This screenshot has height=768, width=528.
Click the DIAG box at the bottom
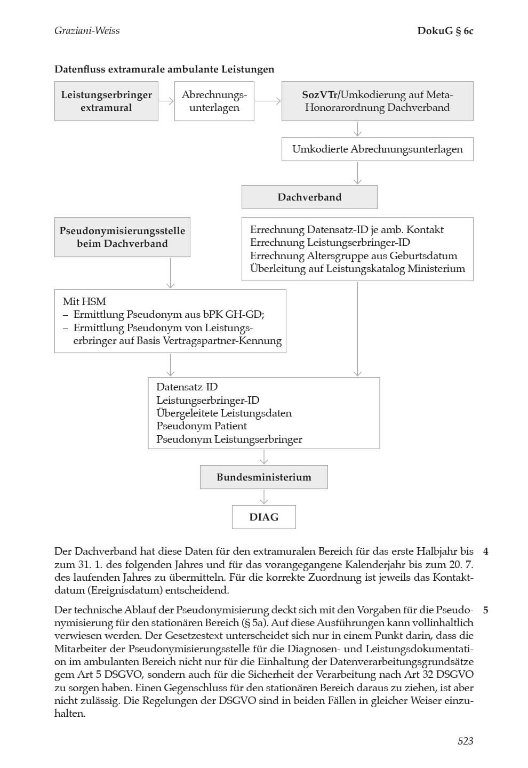coord(263,517)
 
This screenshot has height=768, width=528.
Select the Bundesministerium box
coord(263,477)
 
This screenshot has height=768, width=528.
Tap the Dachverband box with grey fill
coord(309,197)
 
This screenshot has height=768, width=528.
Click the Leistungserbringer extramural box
coord(106,101)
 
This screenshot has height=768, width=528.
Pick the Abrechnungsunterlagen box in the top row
coord(214,101)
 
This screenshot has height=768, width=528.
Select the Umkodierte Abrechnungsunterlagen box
coord(377,149)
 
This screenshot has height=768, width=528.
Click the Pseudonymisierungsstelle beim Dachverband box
coord(122,237)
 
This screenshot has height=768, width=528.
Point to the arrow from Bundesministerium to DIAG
coord(263,497)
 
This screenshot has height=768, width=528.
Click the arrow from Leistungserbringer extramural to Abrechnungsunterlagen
coord(166,101)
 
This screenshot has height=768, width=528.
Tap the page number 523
coord(465,740)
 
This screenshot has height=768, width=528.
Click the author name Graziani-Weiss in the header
coord(87,30)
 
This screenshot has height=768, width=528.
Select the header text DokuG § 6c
coord(445,30)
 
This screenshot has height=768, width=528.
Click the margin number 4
coord(485,551)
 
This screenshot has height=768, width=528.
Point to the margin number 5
coord(485,610)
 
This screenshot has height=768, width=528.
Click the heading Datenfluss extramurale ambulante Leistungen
coord(164,69)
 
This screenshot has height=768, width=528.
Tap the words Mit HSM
coord(84,301)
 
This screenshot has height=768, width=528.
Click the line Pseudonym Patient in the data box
coord(202,426)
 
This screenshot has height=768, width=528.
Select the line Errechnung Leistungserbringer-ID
coord(330,243)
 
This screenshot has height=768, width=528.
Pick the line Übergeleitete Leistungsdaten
coord(224,413)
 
